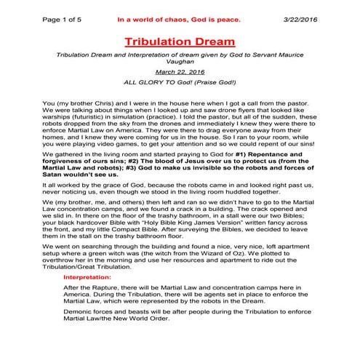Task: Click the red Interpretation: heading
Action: (87, 277)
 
